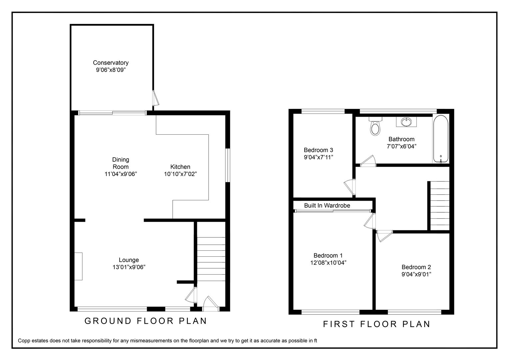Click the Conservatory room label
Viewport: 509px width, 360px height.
pos(111,63)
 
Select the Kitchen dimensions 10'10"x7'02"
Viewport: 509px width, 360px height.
pos(180,174)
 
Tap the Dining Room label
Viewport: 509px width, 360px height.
pos(120,163)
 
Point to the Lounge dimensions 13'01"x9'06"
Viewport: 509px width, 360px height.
pos(129,267)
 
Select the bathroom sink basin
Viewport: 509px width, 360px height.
pos(406,122)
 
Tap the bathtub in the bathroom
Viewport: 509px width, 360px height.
pos(441,139)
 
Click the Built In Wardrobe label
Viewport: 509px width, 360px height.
pos(327,206)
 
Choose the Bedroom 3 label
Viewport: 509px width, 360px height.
pos(318,150)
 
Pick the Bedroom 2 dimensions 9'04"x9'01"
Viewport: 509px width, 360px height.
pos(416,274)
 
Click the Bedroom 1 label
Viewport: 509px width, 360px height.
pos(328,255)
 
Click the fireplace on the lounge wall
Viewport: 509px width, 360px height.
pos(78,266)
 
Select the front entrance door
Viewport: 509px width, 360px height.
pos(210,303)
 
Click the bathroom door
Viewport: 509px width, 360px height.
pos(368,161)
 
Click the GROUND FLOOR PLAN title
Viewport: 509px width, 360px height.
pos(146,321)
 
